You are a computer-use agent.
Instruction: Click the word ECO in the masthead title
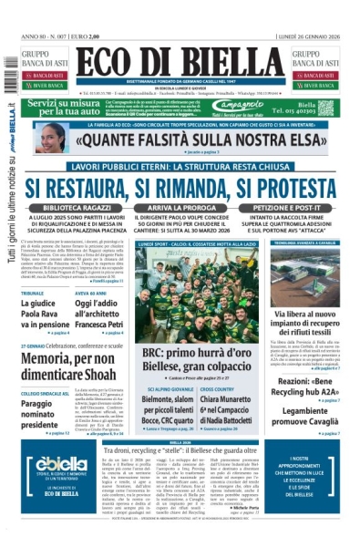[x=108, y=65]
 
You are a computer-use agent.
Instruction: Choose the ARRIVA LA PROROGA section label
[x=179, y=209]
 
